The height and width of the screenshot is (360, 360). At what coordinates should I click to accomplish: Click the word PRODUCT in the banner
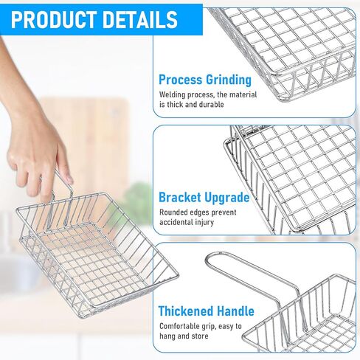(54, 19)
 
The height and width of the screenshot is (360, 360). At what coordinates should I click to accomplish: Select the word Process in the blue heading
(180, 80)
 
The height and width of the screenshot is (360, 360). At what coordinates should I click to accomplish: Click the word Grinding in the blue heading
(229, 80)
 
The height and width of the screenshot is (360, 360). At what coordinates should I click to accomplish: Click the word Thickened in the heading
(185, 311)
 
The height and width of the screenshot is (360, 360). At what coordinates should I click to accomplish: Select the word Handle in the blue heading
(235, 311)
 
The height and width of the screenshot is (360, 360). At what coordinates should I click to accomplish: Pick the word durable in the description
(211, 105)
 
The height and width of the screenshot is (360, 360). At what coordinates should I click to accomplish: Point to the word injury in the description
(204, 223)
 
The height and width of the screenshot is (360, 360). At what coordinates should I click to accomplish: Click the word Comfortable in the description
(179, 326)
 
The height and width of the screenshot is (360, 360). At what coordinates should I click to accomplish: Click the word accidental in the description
(176, 222)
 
